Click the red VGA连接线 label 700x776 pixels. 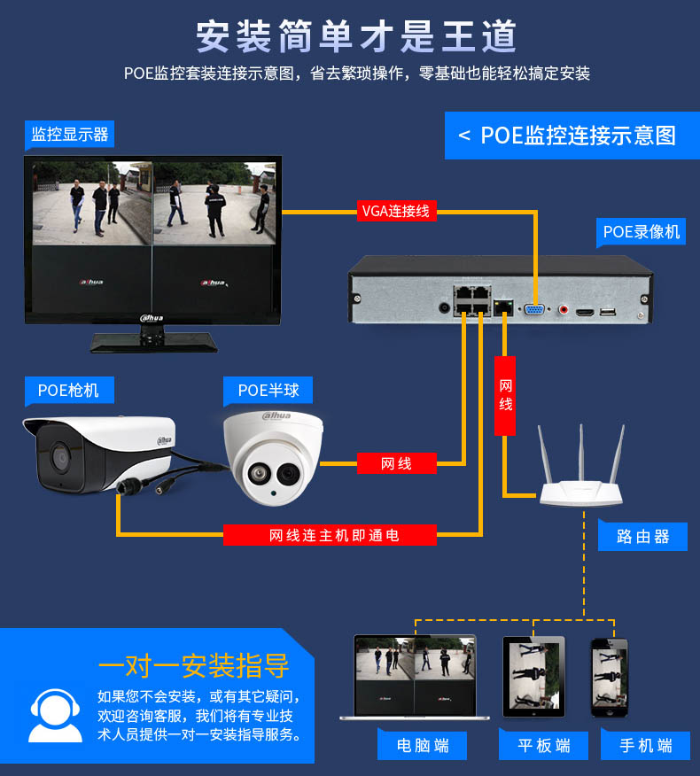[x=397, y=211]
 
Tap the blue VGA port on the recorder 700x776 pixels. [x=534, y=310]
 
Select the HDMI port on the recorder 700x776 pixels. [x=585, y=313]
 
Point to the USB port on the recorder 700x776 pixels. [x=608, y=312]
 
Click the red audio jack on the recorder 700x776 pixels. [x=563, y=310]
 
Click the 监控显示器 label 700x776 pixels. [x=69, y=134]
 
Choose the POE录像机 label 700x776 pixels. [x=642, y=231]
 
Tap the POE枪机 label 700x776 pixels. [x=69, y=391]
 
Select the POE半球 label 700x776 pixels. [x=268, y=391]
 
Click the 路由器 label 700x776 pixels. [x=642, y=537]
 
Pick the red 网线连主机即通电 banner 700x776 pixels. [x=330, y=535]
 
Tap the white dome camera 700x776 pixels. [x=273, y=458]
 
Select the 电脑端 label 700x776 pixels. [x=423, y=745]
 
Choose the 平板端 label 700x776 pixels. [x=543, y=745]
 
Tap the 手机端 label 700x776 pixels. [x=646, y=745]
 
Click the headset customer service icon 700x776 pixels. [x=56, y=716]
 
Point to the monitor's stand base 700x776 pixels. [x=154, y=343]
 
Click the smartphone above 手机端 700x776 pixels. [x=610, y=678]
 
